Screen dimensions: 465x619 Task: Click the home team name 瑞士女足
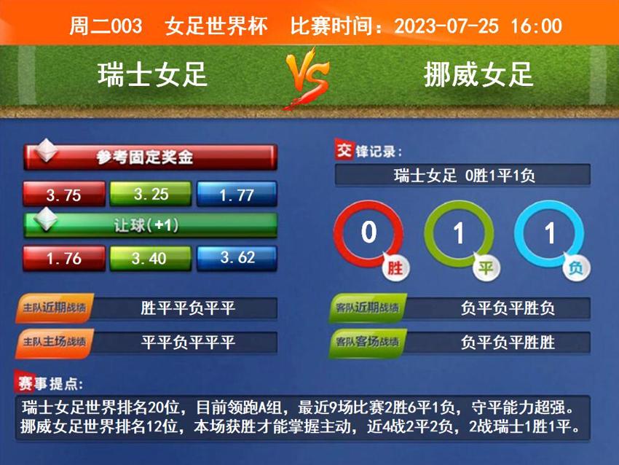[153, 74]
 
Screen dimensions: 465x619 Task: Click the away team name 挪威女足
[478, 74]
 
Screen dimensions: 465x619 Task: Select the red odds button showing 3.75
[63, 194]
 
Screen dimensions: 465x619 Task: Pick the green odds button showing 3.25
[151, 194]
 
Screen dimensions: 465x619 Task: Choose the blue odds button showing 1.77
[237, 194]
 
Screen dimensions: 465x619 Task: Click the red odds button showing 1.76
[63, 258]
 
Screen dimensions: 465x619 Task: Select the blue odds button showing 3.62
[237, 257]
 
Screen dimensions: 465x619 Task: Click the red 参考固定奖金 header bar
[150, 157]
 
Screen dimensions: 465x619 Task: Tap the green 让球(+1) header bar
[150, 225]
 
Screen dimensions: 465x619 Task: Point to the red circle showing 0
[368, 233]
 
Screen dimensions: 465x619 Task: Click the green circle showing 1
[459, 233]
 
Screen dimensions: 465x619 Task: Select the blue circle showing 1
[549, 233]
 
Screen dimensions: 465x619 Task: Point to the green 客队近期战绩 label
[367, 308]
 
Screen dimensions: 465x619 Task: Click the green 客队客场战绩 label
[367, 342]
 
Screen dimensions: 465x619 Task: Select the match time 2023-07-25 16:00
[478, 26]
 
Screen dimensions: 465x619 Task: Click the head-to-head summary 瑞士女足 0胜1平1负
[463, 175]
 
